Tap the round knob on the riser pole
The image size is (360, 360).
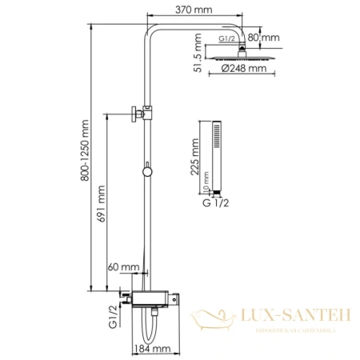146,170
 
